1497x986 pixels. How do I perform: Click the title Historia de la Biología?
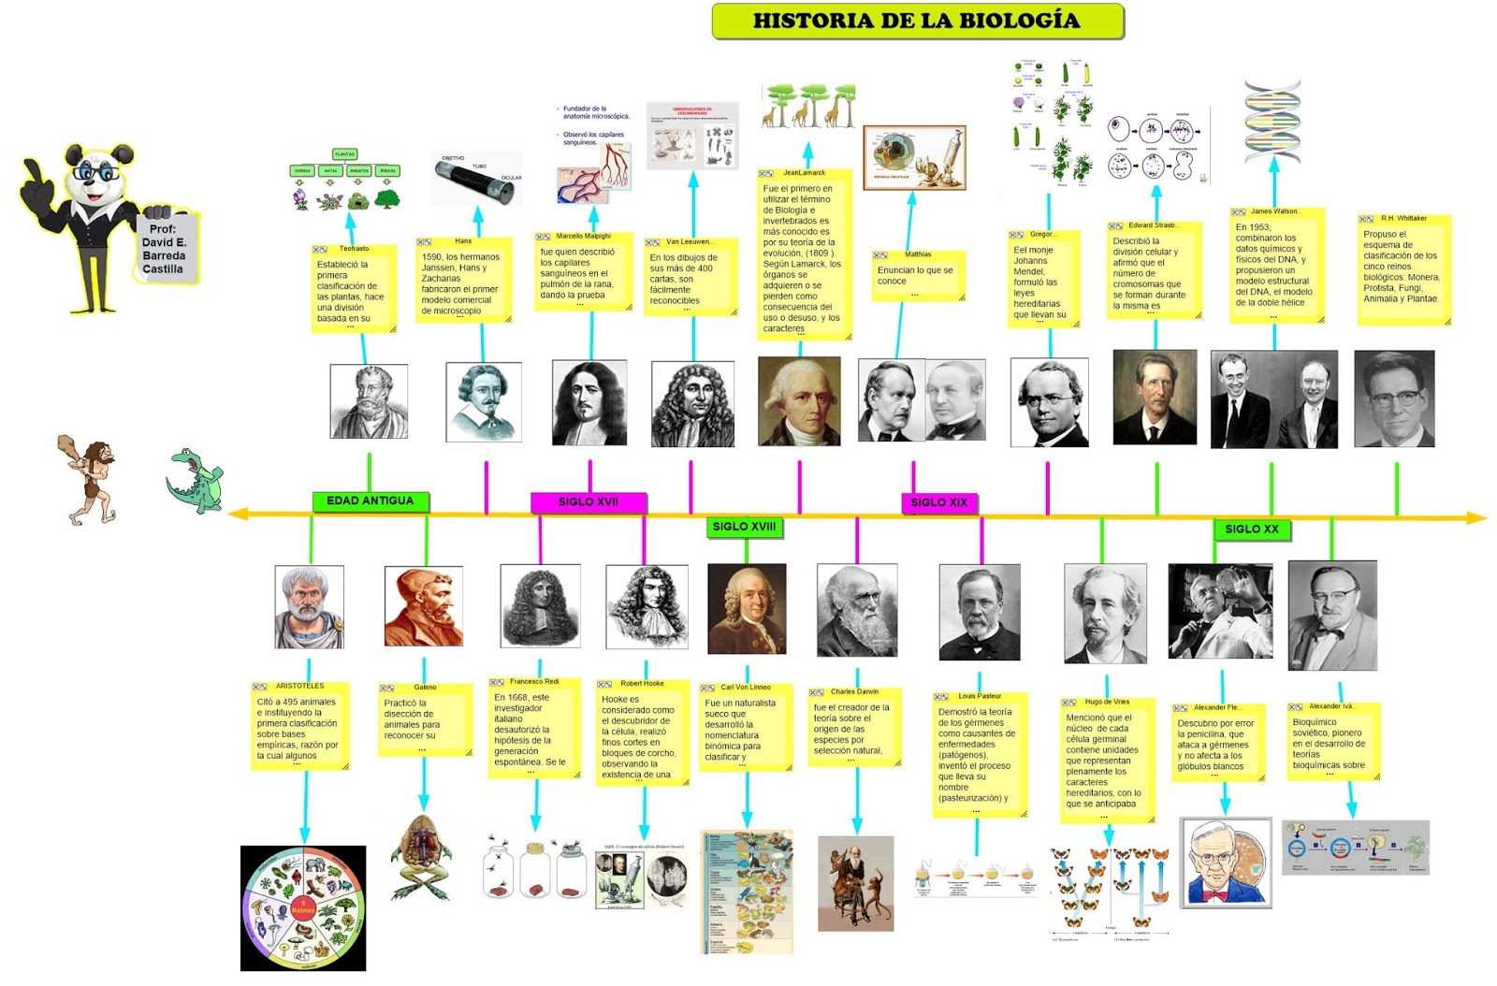(x=917, y=21)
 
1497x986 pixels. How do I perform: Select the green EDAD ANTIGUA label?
(x=370, y=501)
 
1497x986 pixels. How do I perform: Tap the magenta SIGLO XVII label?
(x=588, y=502)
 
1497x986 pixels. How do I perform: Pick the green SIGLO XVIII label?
(x=744, y=527)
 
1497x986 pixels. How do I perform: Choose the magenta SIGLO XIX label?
(x=938, y=502)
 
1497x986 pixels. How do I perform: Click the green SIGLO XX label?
(x=1251, y=529)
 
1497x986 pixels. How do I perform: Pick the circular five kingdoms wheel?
(x=303, y=908)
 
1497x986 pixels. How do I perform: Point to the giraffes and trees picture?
(x=807, y=105)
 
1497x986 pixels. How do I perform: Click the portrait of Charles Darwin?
(x=856, y=610)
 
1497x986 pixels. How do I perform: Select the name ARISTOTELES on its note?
(x=299, y=686)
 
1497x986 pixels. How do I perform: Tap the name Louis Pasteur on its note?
(x=980, y=696)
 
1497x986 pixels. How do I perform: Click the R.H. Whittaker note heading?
(x=1403, y=218)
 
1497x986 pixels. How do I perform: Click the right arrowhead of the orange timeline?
(x=1478, y=516)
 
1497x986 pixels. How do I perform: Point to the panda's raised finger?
(x=31, y=169)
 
